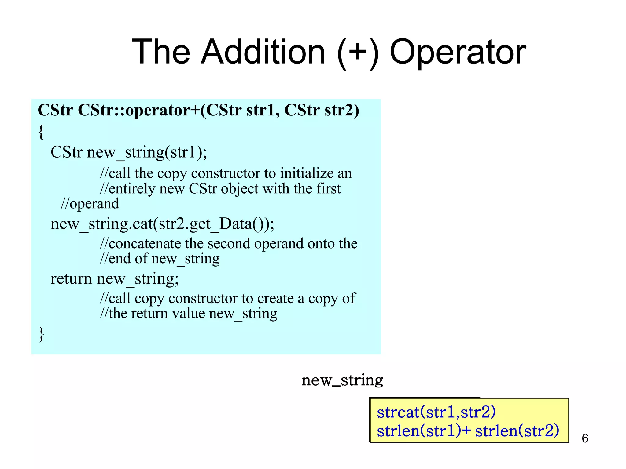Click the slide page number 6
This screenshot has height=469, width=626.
[x=585, y=438]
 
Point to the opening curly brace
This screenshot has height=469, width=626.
[x=41, y=132]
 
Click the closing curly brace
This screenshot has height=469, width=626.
[x=41, y=334]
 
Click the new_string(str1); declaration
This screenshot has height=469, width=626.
[x=147, y=152]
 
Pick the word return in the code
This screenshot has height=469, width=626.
[x=71, y=278]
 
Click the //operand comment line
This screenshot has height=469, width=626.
[x=90, y=204]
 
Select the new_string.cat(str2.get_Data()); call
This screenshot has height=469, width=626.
[x=162, y=224]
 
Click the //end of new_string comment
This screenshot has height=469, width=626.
[x=160, y=259]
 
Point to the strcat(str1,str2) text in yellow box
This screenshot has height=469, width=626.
[x=436, y=412]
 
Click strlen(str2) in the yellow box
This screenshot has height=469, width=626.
[x=517, y=431]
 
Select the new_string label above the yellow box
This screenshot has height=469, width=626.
[x=342, y=380]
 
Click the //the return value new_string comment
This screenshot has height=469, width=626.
[x=189, y=314]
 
